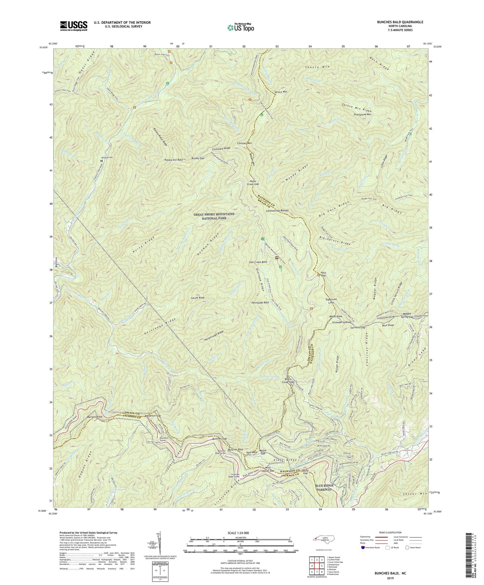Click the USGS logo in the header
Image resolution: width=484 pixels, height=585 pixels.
[74, 25]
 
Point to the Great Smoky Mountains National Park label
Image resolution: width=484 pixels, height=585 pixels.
[214, 216]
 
